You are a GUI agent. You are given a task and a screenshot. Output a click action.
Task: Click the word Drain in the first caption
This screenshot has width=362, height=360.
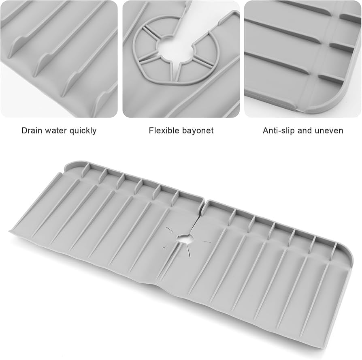[32, 131]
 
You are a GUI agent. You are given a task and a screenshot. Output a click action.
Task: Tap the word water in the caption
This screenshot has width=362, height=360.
[56, 131]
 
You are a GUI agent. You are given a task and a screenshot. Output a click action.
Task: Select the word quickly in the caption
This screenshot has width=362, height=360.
[83, 131]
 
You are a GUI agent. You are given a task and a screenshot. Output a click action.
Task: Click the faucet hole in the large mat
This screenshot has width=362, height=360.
[184, 239]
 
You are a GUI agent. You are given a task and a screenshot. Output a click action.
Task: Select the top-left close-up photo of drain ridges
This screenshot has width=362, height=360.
[59, 59]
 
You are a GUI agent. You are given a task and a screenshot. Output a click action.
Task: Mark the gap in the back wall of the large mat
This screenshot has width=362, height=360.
[204, 201]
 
